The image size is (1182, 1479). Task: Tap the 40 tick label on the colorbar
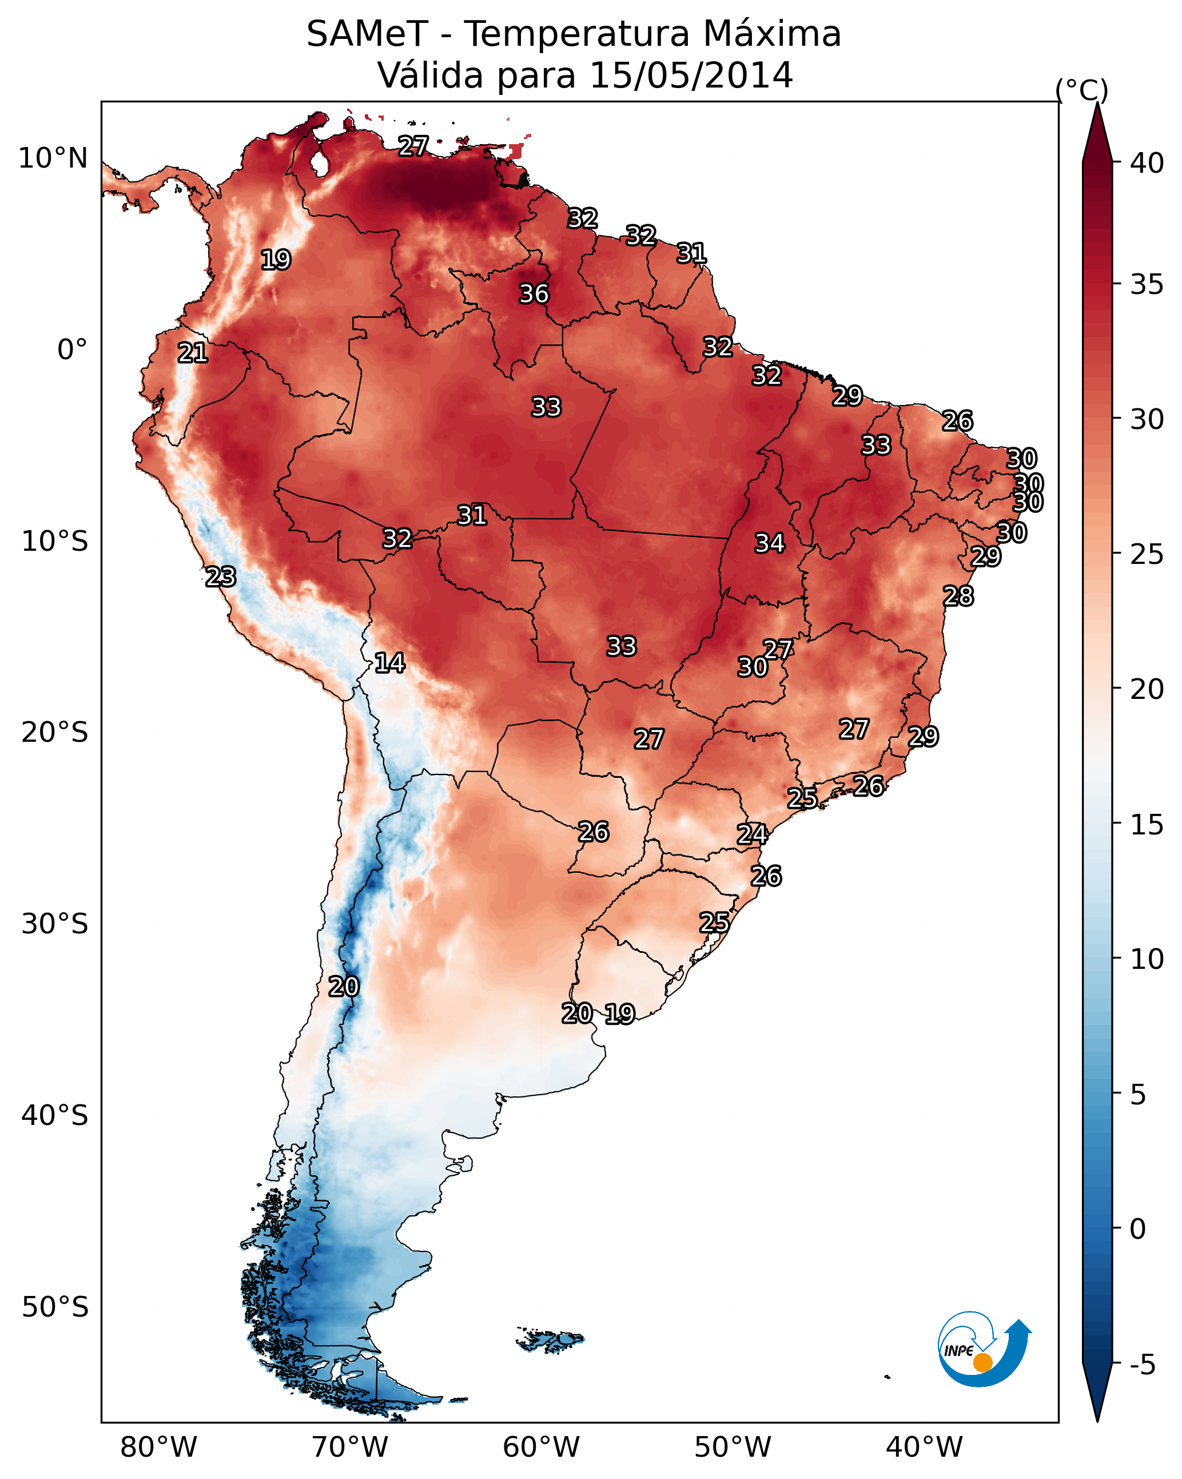pyautogui.click(x=1147, y=163)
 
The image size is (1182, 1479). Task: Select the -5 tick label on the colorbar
pyautogui.click(x=1142, y=1365)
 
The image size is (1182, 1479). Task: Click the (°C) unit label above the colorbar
pyautogui.click(x=1081, y=90)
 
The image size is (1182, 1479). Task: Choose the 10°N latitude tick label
pyautogui.click(x=53, y=158)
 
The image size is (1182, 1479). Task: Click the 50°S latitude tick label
pyautogui.click(x=55, y=1307)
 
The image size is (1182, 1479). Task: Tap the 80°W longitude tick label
pyautogui.click(x=158, y=1448)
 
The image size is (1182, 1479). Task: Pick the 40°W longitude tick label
pyautogui.click(x=924, y=1448)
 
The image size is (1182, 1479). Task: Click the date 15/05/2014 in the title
pyautogui.click(x=691, y=75)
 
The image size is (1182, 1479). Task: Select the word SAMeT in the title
pyautogui.click(x=367, y=34)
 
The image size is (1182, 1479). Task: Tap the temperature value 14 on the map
pyautogui.click(x=389, y=663)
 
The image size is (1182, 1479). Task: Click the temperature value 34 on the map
pyautogui.click(x=770, y=543)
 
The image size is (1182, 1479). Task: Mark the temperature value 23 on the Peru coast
pyautogui.click(x=221, y=577)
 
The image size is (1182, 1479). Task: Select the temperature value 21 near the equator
pyautogui.click(x=193, y=353)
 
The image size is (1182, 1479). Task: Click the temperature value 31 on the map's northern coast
pyautogui.click(x=691, y=254)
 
